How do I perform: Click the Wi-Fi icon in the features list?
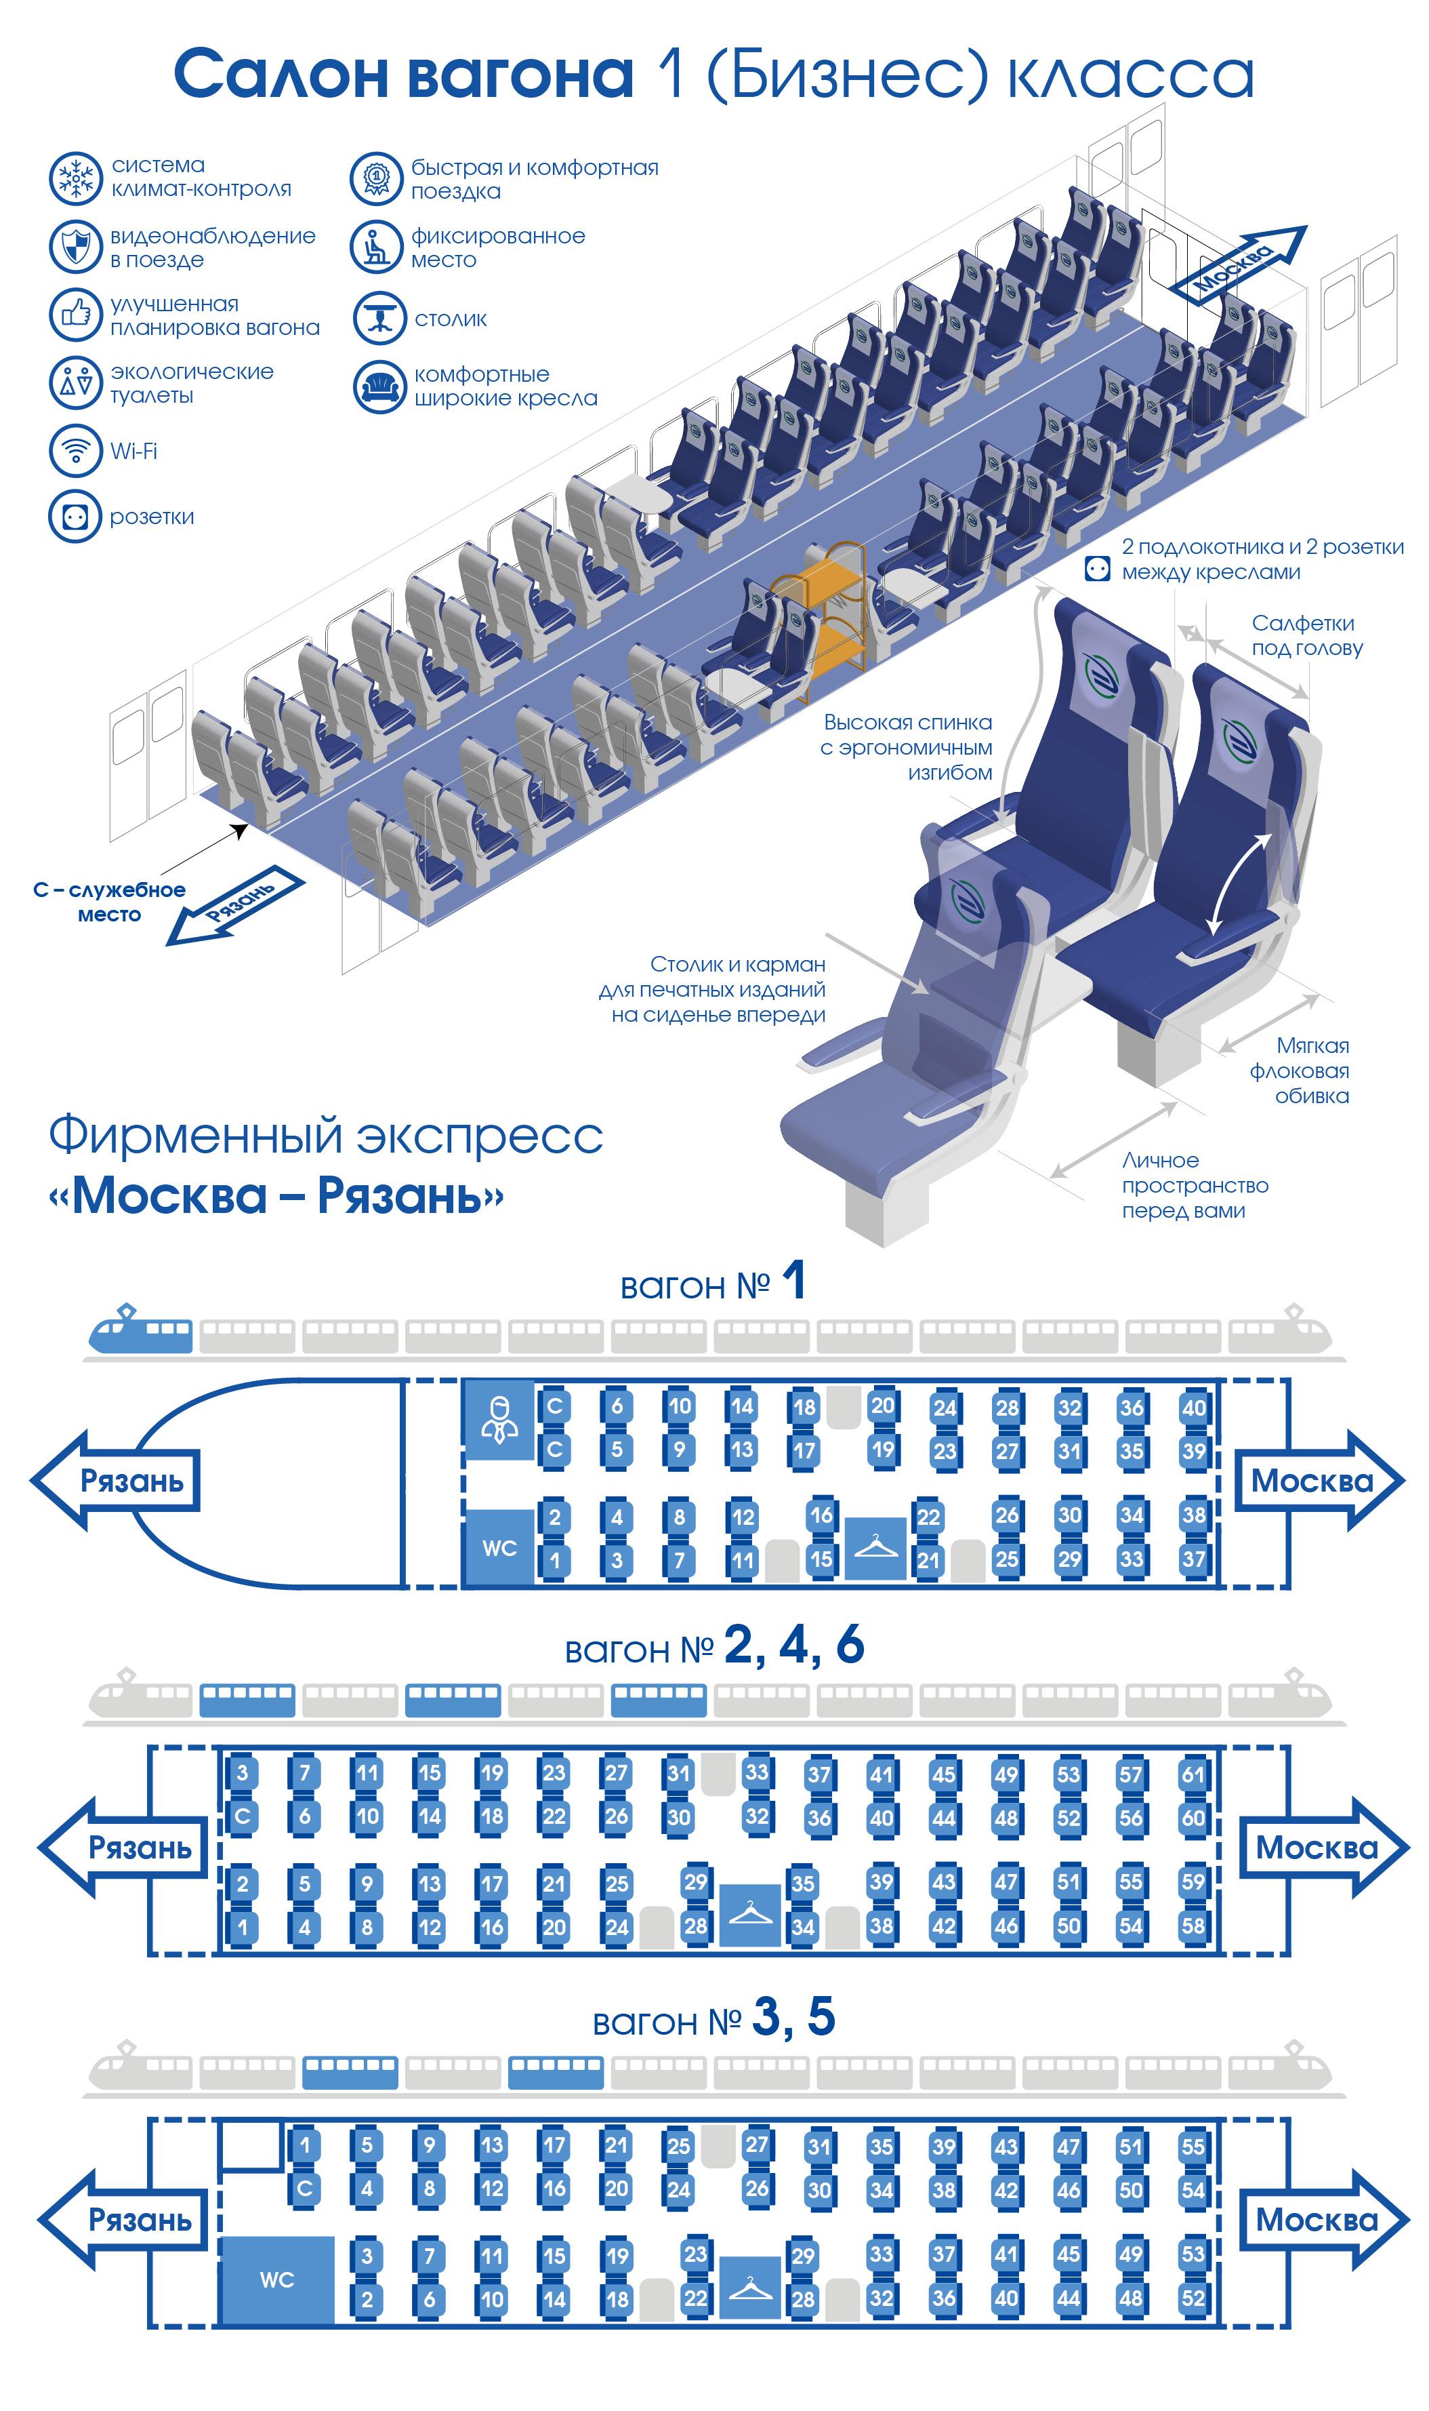[x=75, y=450]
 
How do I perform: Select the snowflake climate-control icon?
[x=75, y=177]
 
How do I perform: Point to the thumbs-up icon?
[x=75, y=313]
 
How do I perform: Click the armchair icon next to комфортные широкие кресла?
[x=379, y=386]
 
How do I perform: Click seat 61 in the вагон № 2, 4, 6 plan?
[x=1193, y=1773]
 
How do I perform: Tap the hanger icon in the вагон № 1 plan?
[x=875, y=1548]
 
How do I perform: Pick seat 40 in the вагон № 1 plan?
[x=1194, y=1408]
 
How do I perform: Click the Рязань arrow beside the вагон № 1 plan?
[x=116, y=1481]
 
